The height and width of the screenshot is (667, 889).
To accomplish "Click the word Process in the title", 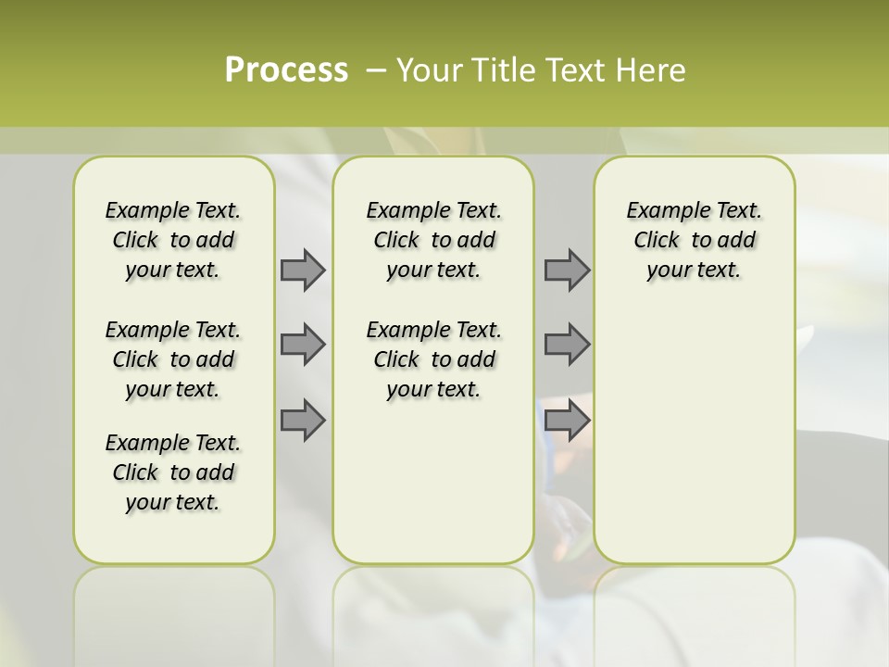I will coord(286,70).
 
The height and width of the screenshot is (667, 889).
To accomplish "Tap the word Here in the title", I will coord(649,70).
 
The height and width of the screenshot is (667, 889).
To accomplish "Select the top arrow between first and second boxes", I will coord(303,270).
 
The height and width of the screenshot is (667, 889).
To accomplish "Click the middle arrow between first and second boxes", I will coord(303,345).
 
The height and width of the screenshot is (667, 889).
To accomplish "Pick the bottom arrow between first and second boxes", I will coord(303,421).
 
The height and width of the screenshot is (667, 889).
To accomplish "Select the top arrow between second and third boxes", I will coord(567,270).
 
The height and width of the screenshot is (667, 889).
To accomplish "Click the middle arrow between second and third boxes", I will coord(567,345).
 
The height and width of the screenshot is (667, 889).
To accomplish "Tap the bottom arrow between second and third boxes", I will coord(567,421).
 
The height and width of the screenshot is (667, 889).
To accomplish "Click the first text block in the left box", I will coord(173,240).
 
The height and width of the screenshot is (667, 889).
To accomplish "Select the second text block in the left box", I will coord(173,359).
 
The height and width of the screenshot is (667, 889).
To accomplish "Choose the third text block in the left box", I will coord(173,472).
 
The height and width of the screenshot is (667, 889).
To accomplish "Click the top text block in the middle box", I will coord(433,240).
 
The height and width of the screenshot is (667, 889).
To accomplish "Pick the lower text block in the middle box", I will coord(433,359).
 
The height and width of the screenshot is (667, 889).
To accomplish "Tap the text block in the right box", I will coord(694,240).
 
